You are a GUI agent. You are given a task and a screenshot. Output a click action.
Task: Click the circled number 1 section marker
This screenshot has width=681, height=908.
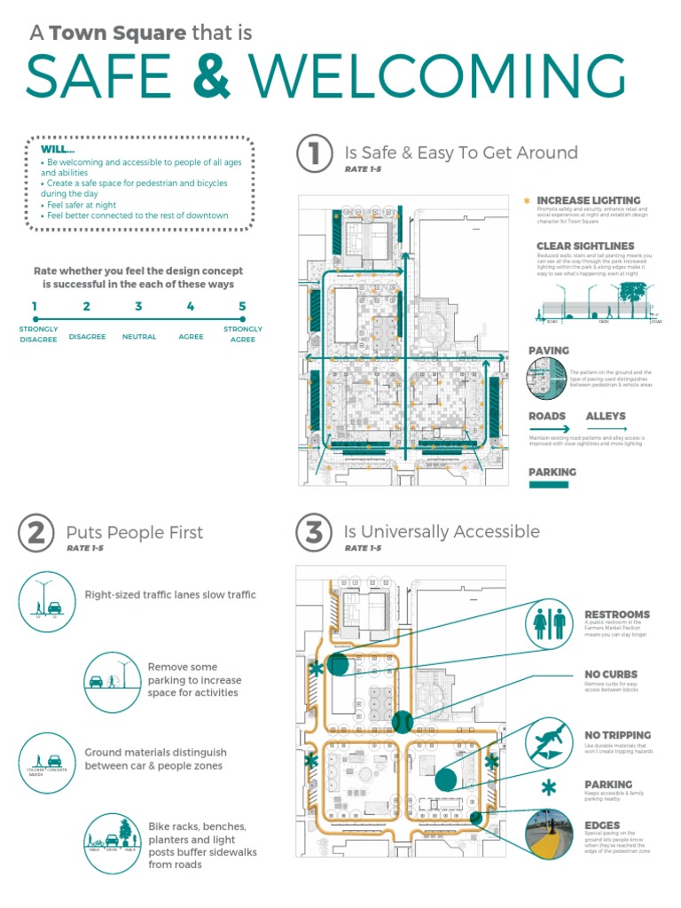point(313,153)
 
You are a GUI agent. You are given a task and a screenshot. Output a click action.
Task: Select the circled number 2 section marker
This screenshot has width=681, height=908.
point(35,532)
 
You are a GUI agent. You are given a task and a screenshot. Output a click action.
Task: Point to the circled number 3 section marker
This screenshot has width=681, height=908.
point(313,532)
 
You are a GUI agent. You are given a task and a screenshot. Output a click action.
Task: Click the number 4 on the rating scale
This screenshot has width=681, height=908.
point(191,307)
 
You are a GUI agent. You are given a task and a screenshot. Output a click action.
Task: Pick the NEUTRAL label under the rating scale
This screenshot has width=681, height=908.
point(139,337)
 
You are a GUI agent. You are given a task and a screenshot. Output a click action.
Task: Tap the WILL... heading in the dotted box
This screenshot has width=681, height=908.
point(58,149)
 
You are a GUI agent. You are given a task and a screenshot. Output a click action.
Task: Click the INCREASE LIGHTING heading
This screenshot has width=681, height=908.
point(575,200)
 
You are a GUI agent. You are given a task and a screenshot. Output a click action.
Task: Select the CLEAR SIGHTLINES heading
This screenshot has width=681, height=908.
point(585,247)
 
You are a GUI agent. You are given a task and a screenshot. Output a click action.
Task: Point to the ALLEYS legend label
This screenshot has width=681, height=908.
point(606,416)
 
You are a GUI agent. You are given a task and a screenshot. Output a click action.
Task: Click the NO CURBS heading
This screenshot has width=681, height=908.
point(611,675)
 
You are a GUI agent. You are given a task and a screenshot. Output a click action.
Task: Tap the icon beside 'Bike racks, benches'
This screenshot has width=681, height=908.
point(110,839)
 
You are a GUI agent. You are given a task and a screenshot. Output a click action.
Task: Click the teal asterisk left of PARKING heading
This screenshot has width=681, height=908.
point(550,787)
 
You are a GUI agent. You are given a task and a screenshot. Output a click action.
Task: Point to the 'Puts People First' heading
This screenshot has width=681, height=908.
point(135,533)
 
